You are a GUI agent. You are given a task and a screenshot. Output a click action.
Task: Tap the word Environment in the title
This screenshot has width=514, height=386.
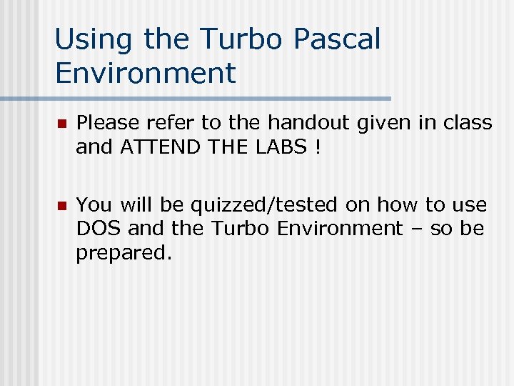(145, 73)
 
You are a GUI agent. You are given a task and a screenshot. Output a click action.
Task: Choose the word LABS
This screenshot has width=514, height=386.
(279, 147)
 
